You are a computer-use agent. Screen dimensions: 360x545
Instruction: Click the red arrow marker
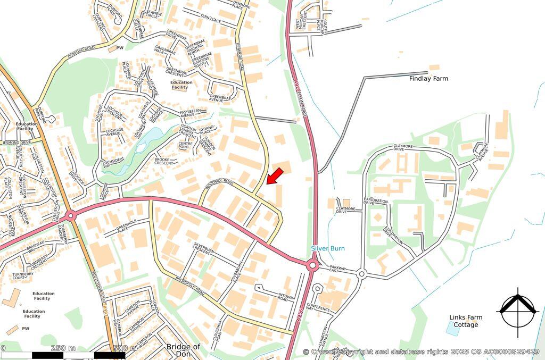[x=274, y=176]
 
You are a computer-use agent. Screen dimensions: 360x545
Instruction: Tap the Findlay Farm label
[x=428, y=79]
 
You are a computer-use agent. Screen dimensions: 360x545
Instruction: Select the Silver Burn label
[x=328, y=248]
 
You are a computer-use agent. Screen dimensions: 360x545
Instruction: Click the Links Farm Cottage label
[x=466, y=321]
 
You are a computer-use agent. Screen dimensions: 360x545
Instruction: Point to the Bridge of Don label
[x=183, y=350]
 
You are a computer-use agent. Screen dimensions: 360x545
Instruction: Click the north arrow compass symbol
[x=516, y=310]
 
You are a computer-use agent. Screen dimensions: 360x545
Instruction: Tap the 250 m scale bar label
[x=63, y=348]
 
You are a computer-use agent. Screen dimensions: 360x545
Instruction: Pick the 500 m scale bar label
[x=126, y=348]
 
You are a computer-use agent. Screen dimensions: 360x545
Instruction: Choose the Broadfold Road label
[x=184, y=285]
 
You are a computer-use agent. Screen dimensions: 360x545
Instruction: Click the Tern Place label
[x=210, y=20]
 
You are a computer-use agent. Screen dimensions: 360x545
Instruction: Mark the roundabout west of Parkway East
[x=312, y=265]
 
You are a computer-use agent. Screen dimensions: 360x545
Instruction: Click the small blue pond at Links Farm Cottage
[x=452, y=330]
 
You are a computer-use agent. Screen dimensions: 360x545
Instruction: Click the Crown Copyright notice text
[x=420, y=351]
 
